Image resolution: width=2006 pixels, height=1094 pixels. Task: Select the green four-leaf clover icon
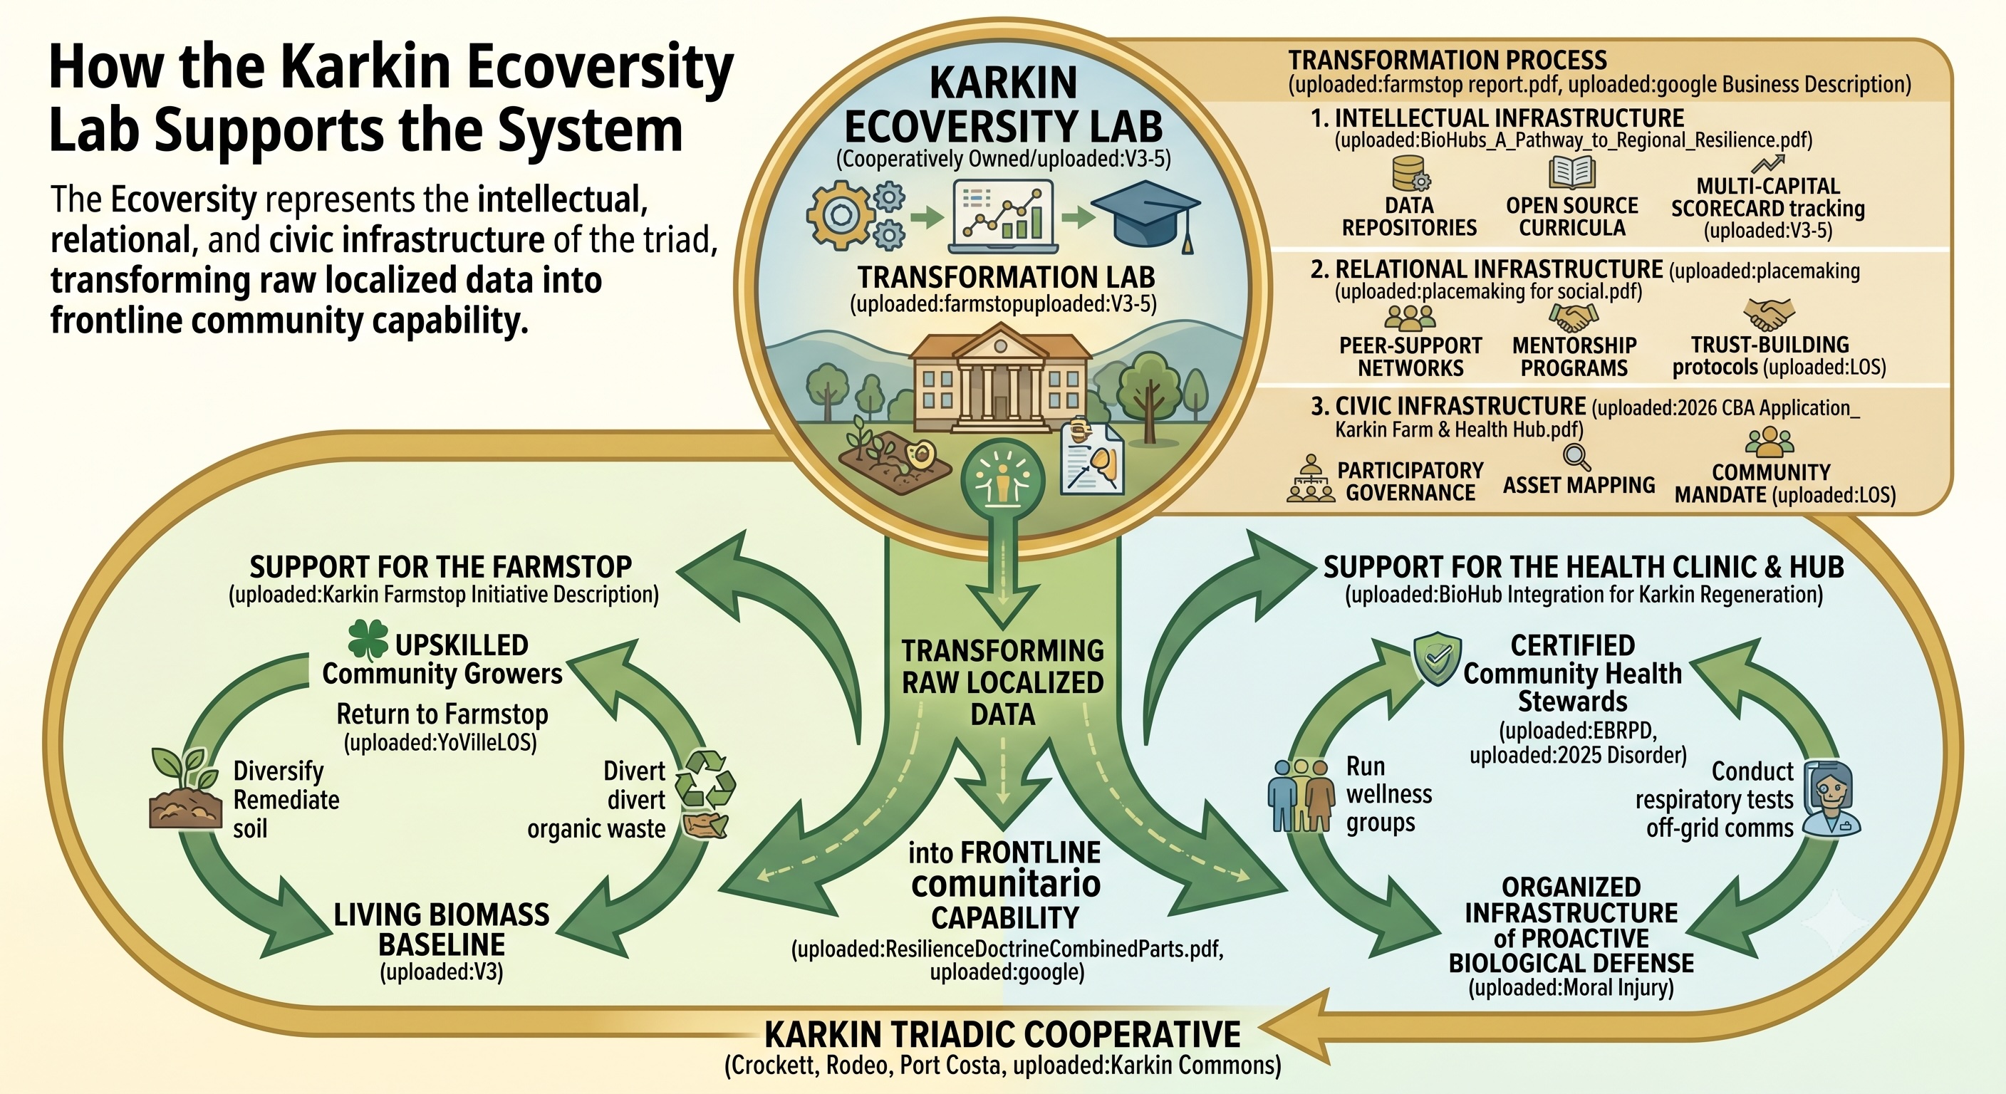click(368, 640)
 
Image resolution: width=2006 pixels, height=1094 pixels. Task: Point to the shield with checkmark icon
click(1438, 658)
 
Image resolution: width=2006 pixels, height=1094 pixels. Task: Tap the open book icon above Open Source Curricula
click(1572, 173)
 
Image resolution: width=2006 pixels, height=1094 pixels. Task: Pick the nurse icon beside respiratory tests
click(1831, 799)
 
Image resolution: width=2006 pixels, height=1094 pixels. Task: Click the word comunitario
click(1005, 885)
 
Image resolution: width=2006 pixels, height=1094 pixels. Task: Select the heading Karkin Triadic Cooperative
click(1003, 1035)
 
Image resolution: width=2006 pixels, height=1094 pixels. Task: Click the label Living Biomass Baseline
click(442, 929)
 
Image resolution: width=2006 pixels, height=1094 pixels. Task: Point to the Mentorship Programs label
click(1574, 357)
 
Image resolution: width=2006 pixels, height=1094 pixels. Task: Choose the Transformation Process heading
click(1448, 60)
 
